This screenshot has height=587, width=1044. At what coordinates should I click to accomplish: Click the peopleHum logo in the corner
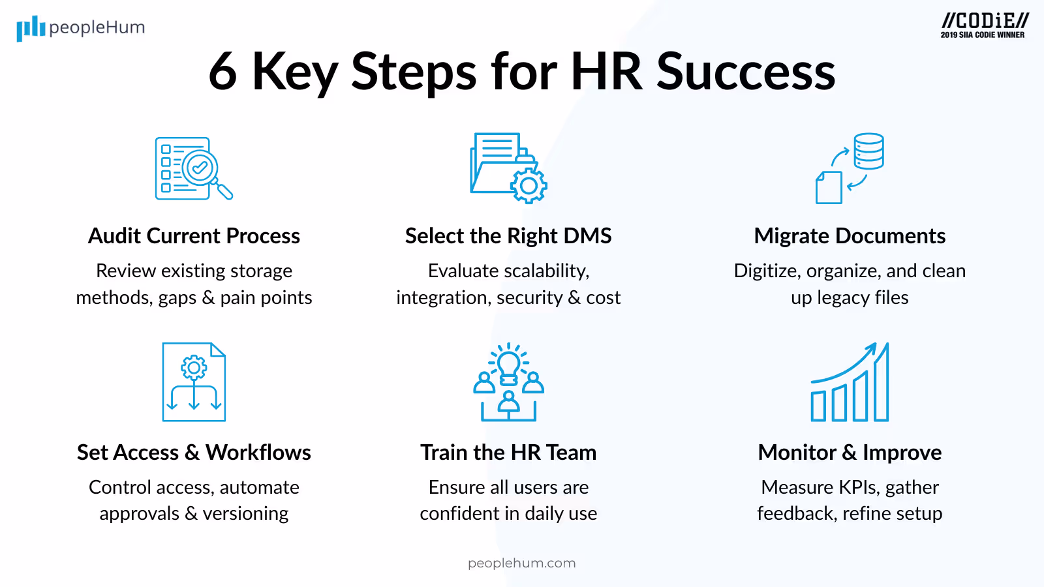[80, 28]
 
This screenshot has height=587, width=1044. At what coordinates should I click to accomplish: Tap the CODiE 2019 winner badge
[983, 25]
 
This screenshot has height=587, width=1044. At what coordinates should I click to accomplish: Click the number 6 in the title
[223, 71]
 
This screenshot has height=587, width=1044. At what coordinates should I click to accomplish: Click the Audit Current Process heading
[194, 235]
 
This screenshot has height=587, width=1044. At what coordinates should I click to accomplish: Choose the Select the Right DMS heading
[508, 235]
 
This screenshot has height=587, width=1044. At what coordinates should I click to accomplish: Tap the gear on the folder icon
[529, 187]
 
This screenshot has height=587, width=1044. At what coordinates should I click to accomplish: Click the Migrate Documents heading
[850, 235]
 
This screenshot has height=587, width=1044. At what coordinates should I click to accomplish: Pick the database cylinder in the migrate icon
[868, 151]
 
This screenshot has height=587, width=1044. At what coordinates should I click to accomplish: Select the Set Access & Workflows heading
[194, 452]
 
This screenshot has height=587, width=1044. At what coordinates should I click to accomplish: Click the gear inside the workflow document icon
[194, 368]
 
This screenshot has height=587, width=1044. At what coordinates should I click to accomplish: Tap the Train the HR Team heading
[508, 452]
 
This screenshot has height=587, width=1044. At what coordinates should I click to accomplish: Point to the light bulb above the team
[508, 364]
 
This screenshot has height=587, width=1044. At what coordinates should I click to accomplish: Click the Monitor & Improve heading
[850, 452]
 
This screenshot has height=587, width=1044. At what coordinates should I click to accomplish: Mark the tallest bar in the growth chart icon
[881, 385]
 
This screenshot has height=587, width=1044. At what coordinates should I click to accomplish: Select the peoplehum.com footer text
[521, 563]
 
